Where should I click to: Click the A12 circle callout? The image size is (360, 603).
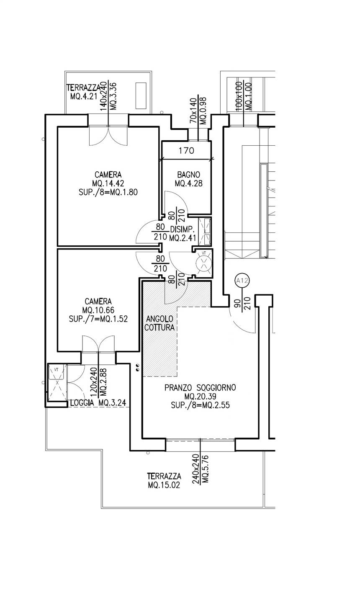coord(242,281)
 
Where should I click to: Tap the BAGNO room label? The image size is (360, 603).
coord(189,175)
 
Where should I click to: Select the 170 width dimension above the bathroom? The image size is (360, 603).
coord(186,150)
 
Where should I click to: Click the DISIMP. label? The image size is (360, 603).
coord(183,229)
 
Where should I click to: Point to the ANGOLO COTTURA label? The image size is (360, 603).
coord(159,323)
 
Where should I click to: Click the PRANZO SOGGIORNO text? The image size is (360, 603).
coord(200,388)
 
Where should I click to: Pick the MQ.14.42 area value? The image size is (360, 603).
coord(108,183)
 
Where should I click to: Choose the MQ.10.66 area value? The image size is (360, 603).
coord(98,310)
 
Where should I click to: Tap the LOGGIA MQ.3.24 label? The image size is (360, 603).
coord(98,403)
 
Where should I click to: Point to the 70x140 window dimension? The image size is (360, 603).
coord(193,111)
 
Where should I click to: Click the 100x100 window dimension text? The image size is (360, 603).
coord(239,96)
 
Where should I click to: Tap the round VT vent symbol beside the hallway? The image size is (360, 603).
coord(204,263)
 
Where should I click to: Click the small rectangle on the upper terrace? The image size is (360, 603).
coord(141,95)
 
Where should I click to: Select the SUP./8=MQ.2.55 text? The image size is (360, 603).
coord(200,405)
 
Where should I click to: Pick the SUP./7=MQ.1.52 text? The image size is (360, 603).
coord(98,319)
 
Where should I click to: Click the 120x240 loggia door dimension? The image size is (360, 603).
coord(94,382)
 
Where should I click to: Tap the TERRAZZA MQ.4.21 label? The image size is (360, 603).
coord(84,92)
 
